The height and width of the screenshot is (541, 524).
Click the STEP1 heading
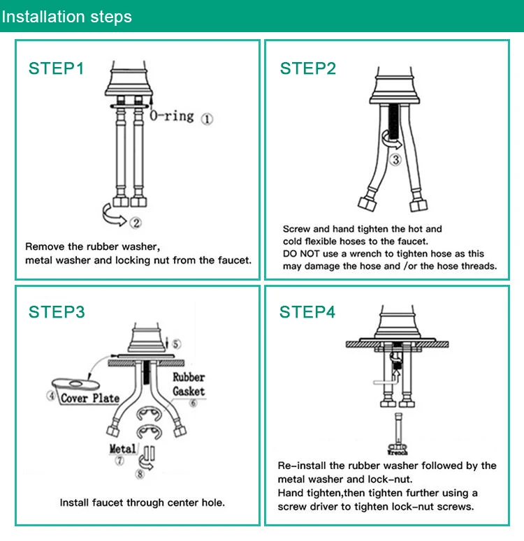pyautogui.click(x=56, y=68)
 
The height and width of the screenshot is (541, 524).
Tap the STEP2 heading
pyautogui.click(x=307, y=68)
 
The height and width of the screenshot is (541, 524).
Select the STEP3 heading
pyautogui.click(x=57, y=312)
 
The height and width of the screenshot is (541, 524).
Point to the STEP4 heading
pyautogui.click(x=307, y=312)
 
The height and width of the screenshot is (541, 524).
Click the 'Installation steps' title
pyautogui.click(x=66, y=17)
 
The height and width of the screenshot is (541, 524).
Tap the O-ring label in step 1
pyautogui.click(x=172, y=115)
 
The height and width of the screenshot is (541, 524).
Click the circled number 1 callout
pyautogui.click(x=208, y=119)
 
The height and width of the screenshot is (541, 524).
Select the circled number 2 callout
pyautogui.click(x=136, y=223)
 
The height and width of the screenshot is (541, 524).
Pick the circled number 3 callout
pyautogui.click(x=395, y=160)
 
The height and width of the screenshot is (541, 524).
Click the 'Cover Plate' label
pyautogui.click(x=89, y=398)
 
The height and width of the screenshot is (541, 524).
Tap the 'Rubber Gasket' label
pyautogui.click(x=189, y=384)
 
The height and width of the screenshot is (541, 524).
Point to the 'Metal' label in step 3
pyautogui.click(x=123, y=448)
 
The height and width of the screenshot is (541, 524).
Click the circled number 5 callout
pyautogui.click(x=176, y=343)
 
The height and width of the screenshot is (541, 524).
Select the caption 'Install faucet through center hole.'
pyautogui.click(x=142, y=503)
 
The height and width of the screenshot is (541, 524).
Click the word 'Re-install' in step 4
pyautogui.click(x=301, y=466)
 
